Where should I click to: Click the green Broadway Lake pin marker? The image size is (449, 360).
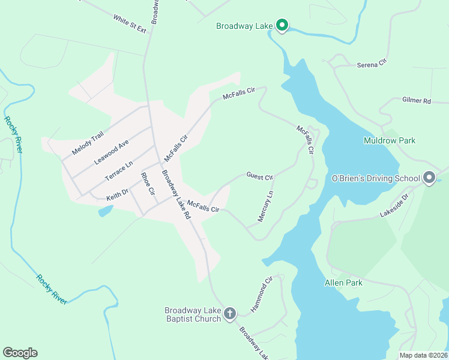[x=282, y=25]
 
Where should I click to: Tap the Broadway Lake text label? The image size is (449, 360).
[x=244, y=26]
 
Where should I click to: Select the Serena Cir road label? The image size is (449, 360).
[x=373, y=63]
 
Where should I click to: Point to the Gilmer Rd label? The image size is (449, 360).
[x=417, y=101]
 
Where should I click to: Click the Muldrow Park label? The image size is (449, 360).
[x=390, y=140]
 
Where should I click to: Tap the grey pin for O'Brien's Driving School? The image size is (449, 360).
[x=429, y=178]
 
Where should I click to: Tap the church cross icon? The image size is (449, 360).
[x=229, y=313]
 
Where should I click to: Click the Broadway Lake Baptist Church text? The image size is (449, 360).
[x=193, y=314]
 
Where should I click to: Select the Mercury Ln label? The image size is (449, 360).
[x=265, y=206]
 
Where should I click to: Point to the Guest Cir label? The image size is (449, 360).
[x=259, y=176]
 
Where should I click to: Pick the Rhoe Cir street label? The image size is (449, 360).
[x=148, y=184]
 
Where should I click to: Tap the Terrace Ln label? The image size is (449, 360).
[x=119, y=172]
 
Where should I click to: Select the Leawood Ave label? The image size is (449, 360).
[x=112, y=153]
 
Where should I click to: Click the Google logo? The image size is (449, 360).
[x=20, y=353]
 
